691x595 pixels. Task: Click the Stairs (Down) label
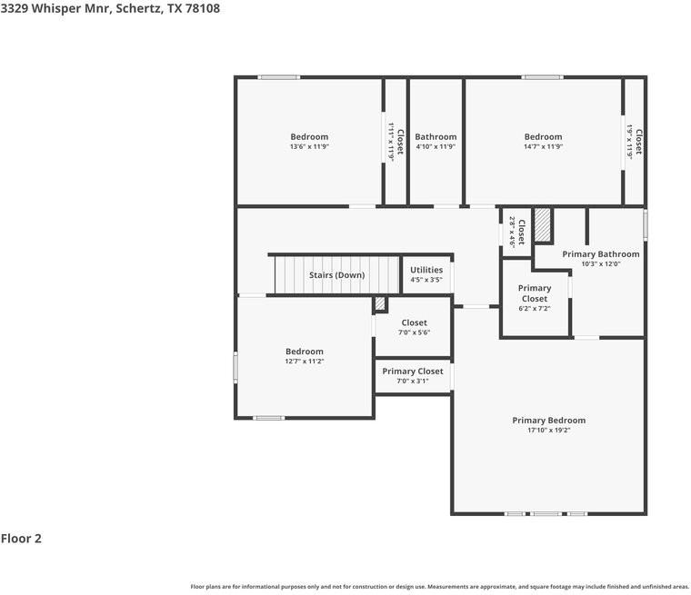(336, 275)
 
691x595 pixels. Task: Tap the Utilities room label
(426, 270)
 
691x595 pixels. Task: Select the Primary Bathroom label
(601, 254)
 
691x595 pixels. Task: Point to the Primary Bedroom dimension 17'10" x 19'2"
(548, 430)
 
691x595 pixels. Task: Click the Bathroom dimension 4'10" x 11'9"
(436, 146)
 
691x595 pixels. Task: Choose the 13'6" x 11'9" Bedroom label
(309, 136)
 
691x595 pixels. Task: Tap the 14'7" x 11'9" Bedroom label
(543, 136)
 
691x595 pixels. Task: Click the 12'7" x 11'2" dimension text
(304, 362)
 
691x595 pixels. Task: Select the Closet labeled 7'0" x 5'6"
(414, 322)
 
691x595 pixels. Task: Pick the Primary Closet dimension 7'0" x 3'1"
(413, 381)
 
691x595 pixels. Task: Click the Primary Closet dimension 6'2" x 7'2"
(534, 308)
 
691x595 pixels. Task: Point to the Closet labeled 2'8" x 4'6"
(521, 233)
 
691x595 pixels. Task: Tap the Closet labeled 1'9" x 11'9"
(638, 142)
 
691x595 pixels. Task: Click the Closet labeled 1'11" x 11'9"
(400, 142)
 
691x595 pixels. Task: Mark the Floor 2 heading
(21, 538)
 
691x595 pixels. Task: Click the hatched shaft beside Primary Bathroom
(543, 224)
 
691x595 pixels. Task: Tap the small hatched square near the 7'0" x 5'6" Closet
(380, 304)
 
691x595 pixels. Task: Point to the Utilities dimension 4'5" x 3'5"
(426, 280)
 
